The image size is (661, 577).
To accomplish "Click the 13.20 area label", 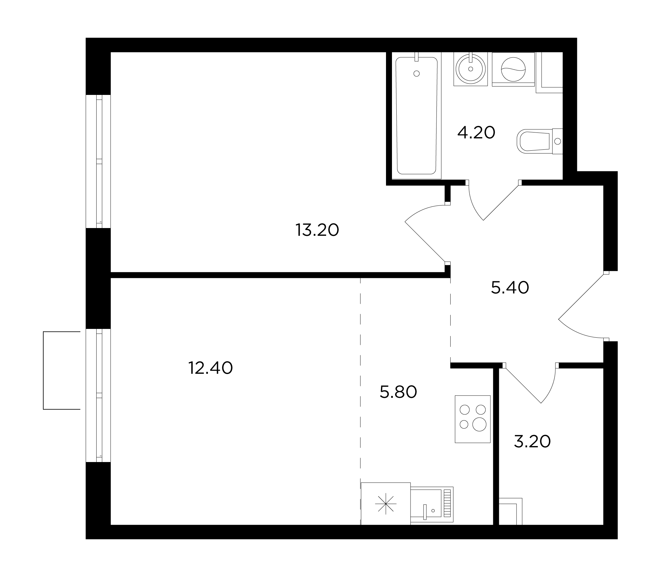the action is [x=317, y=230].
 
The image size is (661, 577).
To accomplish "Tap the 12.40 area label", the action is [x=210, y=368].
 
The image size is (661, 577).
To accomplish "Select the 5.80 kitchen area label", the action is [x=398, y=392].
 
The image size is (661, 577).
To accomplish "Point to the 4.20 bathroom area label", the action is [x=476, y=132].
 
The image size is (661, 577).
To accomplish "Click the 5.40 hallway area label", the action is [x=510, y=288].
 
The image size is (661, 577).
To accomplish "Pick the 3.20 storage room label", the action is [x=532, y=441].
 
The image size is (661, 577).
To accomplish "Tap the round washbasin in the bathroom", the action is [x=471, y=69].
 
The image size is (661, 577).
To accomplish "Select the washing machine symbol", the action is [x=513, y=69].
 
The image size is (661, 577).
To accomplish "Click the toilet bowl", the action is [x=533, y=141].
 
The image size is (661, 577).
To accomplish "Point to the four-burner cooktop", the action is [x=473, y=419].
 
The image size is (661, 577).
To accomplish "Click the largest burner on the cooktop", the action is [x=479, y=424].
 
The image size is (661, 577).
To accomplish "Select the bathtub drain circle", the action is [x=416, y=74].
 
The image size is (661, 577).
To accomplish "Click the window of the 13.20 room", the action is [x=98, y=161].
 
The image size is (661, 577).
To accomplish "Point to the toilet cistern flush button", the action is [x=558, y=141].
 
